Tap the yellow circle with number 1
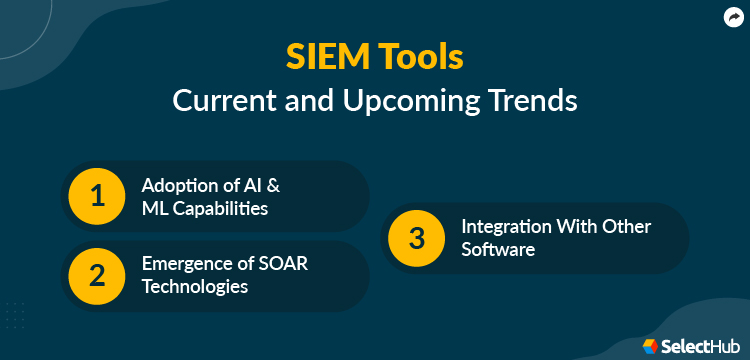(x=97, y=196)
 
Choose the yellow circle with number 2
(x=97, y=275)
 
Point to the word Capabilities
(x=220, y=208)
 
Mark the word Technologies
(x=195, y=287)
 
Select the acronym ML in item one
(x=155, y=208)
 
